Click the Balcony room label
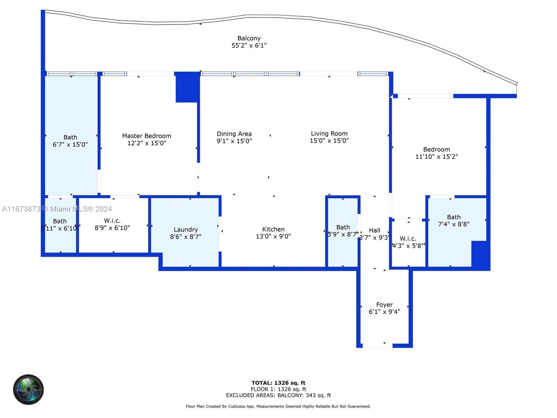[x=249, y=38]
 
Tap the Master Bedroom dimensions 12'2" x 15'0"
[x=147, y=143]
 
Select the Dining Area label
[x=234, y=134]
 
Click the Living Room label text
[x=329, y=133]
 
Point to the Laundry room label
[x=186, y=230]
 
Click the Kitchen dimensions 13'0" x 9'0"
[x=273, y=236]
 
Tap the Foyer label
[x=384, y=305]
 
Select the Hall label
[x=375, y=230]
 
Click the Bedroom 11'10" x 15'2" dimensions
[x=436, y=157]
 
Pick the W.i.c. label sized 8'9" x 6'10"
[x=112, y=220]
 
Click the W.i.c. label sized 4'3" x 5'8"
[x=408, y=239]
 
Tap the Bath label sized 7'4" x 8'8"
[x=454, y=217]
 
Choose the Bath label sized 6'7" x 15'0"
[x=70, y=137]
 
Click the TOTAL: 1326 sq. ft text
[x=278, y=383]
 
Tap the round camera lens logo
[x=29, y=389]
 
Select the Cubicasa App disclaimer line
[x=278, y=407]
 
